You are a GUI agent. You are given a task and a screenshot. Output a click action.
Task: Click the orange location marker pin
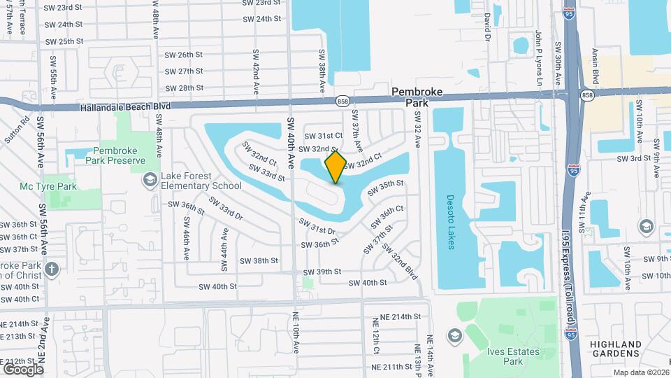tap(335, 167)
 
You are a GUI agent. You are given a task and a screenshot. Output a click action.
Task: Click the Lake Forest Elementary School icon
tap(150, 181)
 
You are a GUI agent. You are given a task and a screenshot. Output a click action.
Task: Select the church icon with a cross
tap(51, 269)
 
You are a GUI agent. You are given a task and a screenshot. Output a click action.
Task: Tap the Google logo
tap(23, 368)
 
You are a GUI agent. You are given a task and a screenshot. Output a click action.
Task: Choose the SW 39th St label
tap(322, 272)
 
